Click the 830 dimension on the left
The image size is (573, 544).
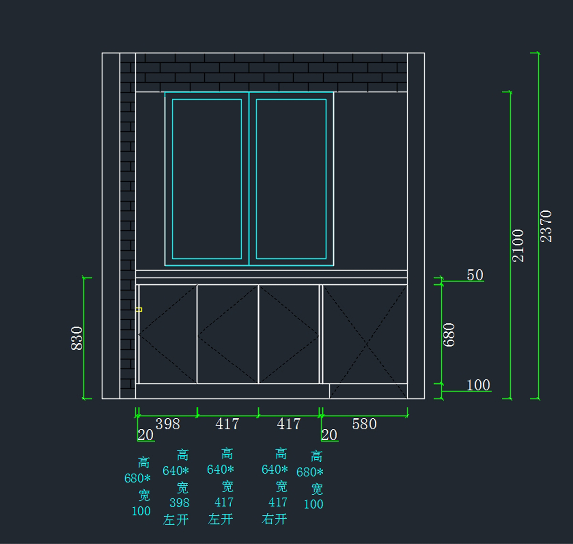pyautogui.click(x=77, y=338)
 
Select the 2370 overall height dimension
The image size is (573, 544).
pyautogui.click(x=546, y=226)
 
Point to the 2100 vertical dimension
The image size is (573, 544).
pyautogui.click(x=518, y=246)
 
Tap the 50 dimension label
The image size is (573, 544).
pyautogui.click(x=475, y=275)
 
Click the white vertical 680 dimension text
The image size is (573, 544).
pyautogui.click(x=449, y=335)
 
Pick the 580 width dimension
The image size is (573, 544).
pyautogui.click(x=364, y=424)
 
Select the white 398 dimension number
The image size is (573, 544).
pyautogui.click(x=168, y=424)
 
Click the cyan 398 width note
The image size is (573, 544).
pyautogui.click(x=179, y=503)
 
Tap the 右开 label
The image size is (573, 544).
pyautogui.click(x=274, y=519)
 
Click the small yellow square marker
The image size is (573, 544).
pyautogui.click(x=139, y=310)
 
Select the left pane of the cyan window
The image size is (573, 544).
pyautogui.click(x=207, y=179)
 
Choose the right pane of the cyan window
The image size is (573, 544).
pyautogui.click(x=291, y=179)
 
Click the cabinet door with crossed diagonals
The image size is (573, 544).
pyautogui.click(x=365, y=335)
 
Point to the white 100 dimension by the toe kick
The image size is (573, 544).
pyautogui.click(x=478, y=385)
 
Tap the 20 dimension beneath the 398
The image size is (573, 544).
pyautogui.click(x=145, y=435)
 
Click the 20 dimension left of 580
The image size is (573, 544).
pyautogui.click(x=329, y=435)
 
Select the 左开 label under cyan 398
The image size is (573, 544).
pyautogui.click(x=176, y=520)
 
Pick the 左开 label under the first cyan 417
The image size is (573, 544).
pyautogui.click(x=221, y=519)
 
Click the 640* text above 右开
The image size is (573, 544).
pyautogui.click(x=275, y=469)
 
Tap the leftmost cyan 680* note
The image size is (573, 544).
pyautogui.click(x=138, y=479)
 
